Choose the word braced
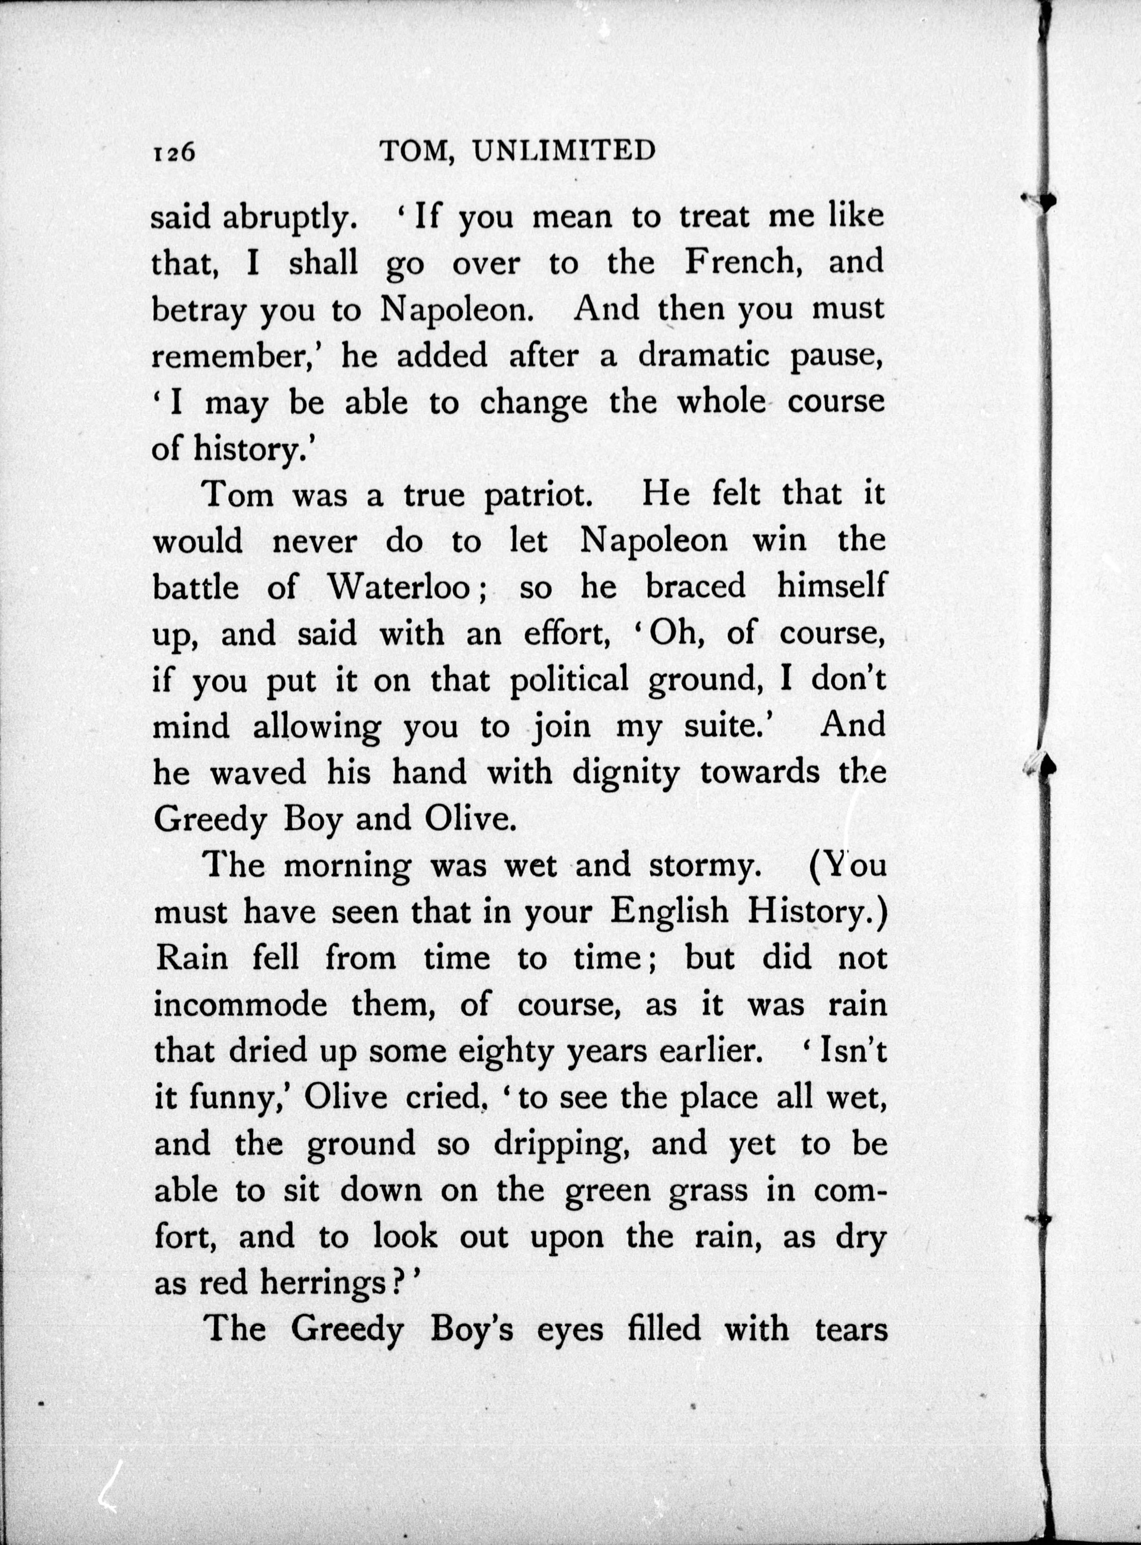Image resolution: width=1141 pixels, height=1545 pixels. (696, 587)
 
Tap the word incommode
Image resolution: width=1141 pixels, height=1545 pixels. (241, 1005)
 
